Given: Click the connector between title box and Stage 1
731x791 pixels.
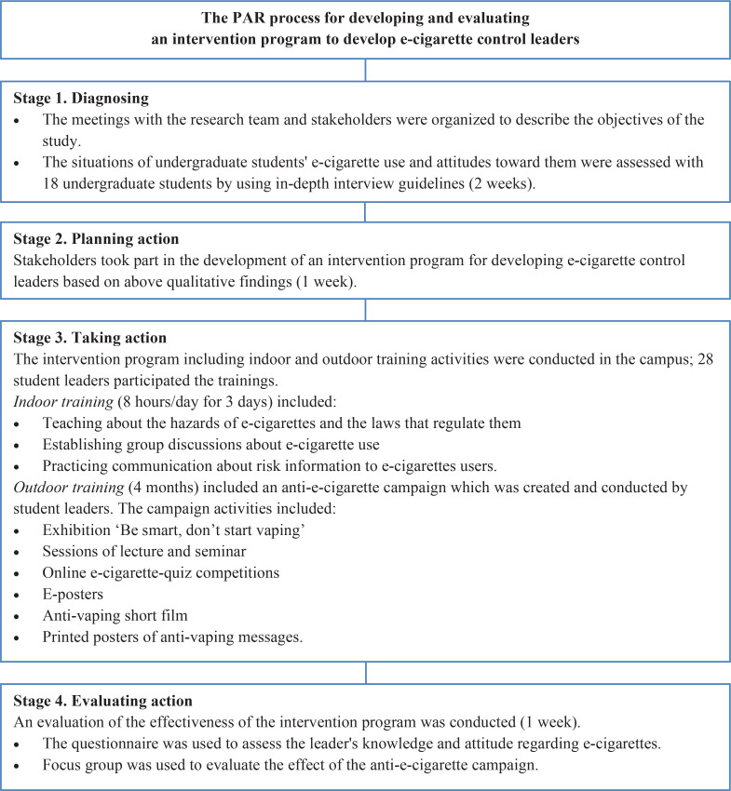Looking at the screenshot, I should point(365,69).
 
